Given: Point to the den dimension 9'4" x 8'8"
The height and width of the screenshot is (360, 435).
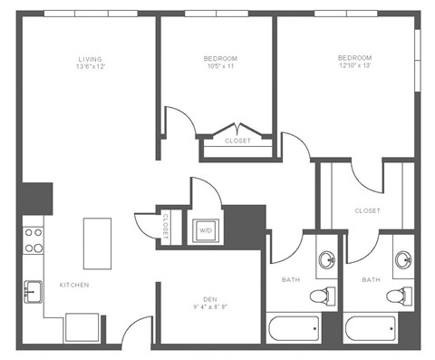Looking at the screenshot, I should [209, 307].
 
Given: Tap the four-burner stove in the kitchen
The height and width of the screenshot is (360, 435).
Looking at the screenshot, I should [34, 238].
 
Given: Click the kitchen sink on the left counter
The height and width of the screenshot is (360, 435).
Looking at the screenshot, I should [34, 292].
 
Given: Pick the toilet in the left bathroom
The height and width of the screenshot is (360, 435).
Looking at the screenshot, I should [319, 296].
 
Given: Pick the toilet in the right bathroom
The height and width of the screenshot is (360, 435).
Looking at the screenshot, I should [394, 296].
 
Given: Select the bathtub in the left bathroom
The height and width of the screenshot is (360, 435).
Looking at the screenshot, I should [294, 327].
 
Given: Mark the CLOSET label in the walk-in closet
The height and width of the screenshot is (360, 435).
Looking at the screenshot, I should [367, 210].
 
